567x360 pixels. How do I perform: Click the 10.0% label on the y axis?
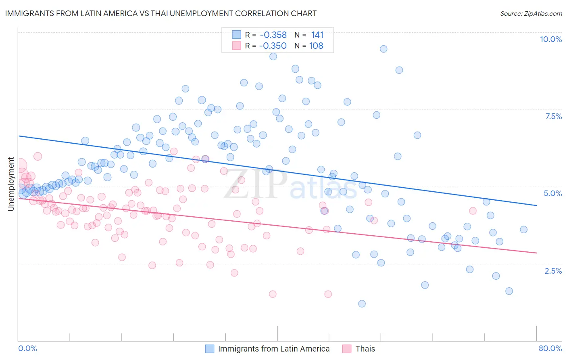click(550, 39)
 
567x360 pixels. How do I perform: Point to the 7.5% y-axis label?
click(553, 116)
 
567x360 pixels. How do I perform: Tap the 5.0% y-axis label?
click(552, 193)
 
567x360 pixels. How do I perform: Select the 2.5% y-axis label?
click(553, 271)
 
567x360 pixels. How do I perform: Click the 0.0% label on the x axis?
click(27, 348)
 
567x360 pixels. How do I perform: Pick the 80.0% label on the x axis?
click(550, 348)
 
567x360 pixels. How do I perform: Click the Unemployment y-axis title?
click(11, 184)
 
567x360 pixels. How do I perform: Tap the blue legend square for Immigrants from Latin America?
click(210, 349)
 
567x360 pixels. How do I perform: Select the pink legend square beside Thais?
click(347, 349)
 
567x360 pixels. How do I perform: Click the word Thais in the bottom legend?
click(365, 349)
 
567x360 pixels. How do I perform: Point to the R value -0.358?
click(273, 35)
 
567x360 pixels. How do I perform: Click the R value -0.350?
click(273, 46)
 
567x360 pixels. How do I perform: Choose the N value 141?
click(317, 35)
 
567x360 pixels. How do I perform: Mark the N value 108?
click(316, 46)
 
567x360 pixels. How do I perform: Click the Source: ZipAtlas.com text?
click(531, 13)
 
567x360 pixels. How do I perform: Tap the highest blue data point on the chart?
click(384, 49)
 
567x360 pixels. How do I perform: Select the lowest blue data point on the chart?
click(362, 303)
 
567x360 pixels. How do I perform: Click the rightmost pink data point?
click(473, 211)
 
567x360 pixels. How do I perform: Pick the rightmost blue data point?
click(523, 230)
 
